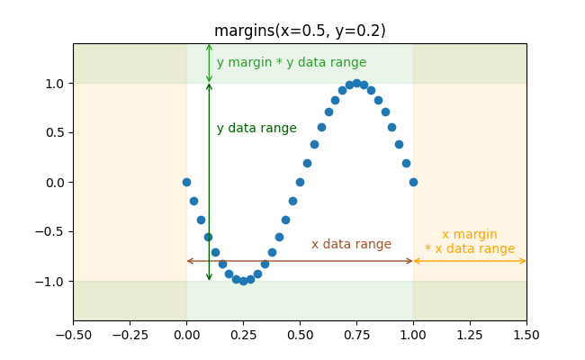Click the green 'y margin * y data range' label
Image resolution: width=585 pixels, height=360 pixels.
[291, 63]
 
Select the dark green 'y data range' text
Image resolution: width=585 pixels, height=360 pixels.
[256, 129]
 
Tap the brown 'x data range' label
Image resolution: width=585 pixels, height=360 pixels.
[351, 245]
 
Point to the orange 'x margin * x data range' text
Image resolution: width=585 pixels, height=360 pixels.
[470, 242]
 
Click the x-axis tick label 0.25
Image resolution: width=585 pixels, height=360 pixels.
[243, 335]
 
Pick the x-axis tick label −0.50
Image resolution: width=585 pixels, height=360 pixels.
[74, 335]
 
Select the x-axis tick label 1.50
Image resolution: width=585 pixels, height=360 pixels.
[526, 335]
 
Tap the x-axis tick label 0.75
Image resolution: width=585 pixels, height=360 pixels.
[356, 335]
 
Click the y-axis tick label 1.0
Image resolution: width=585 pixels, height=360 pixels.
[55, 84]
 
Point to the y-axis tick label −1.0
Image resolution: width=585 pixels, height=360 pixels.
[51, 282]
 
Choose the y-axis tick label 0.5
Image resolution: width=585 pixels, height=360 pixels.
[55, 133]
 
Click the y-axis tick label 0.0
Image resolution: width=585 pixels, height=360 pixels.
[55, 183]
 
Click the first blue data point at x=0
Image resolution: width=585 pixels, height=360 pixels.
[186, 182]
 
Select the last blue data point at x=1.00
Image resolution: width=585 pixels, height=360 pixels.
[413, 182]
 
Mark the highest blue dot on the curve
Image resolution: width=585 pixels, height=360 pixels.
[356, 83]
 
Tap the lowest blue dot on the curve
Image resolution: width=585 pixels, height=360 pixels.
[243, 281]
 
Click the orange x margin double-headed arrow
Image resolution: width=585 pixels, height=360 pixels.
[470, 261]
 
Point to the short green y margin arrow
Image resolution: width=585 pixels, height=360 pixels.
[209, 63]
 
